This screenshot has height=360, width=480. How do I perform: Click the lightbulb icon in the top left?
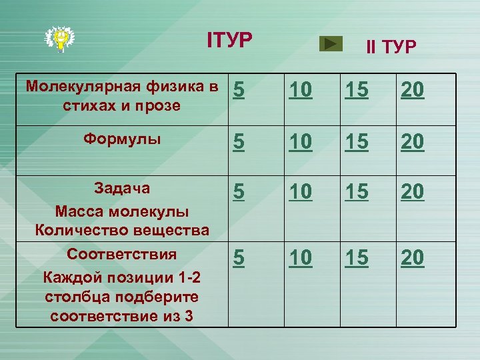coord(60,38)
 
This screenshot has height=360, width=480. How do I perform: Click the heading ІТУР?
coord(230,41)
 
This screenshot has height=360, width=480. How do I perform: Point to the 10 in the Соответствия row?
coord(301,257)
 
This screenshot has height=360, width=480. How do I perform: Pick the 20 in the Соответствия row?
coord(412,257)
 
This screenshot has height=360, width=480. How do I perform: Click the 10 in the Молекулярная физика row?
coord(301,92)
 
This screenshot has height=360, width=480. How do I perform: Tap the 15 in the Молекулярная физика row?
coord(356,92)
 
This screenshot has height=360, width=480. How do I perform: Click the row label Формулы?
coord(122,139)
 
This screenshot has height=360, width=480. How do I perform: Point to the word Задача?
coord(122,189)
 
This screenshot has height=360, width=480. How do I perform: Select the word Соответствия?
coord(122,254)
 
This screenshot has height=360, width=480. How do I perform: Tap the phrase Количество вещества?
coord(122,231)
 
